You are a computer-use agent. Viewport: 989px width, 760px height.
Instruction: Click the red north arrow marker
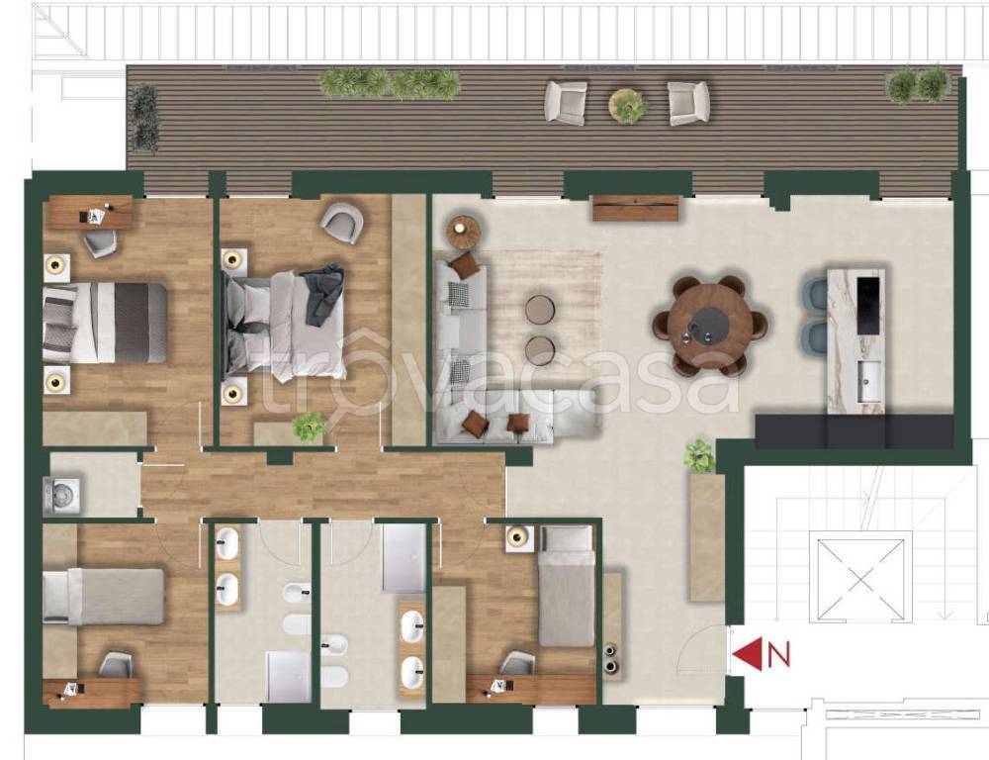(748, 653)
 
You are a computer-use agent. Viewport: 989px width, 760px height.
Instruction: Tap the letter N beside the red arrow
(779, 654)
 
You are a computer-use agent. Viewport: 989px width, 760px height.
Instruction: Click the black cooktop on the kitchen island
(867, 305)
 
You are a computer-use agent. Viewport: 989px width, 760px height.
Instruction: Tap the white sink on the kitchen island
(869, 381)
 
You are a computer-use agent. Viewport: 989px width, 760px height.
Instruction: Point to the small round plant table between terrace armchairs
(628, 105)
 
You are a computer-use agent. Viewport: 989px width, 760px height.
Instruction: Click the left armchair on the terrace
(566, 102)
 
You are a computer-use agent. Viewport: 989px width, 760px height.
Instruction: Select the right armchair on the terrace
(688, 103)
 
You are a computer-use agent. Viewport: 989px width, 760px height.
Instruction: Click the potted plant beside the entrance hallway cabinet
(699, 456)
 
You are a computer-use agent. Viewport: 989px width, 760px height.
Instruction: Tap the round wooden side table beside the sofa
(464, 232)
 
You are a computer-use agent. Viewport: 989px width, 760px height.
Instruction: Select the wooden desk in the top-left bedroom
(91, 212)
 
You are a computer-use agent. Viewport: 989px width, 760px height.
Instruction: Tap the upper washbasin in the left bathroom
(227, 543)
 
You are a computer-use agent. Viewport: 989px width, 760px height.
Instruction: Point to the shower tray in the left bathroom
(288, 677)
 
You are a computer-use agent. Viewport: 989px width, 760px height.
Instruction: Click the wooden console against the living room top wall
(636, 208)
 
